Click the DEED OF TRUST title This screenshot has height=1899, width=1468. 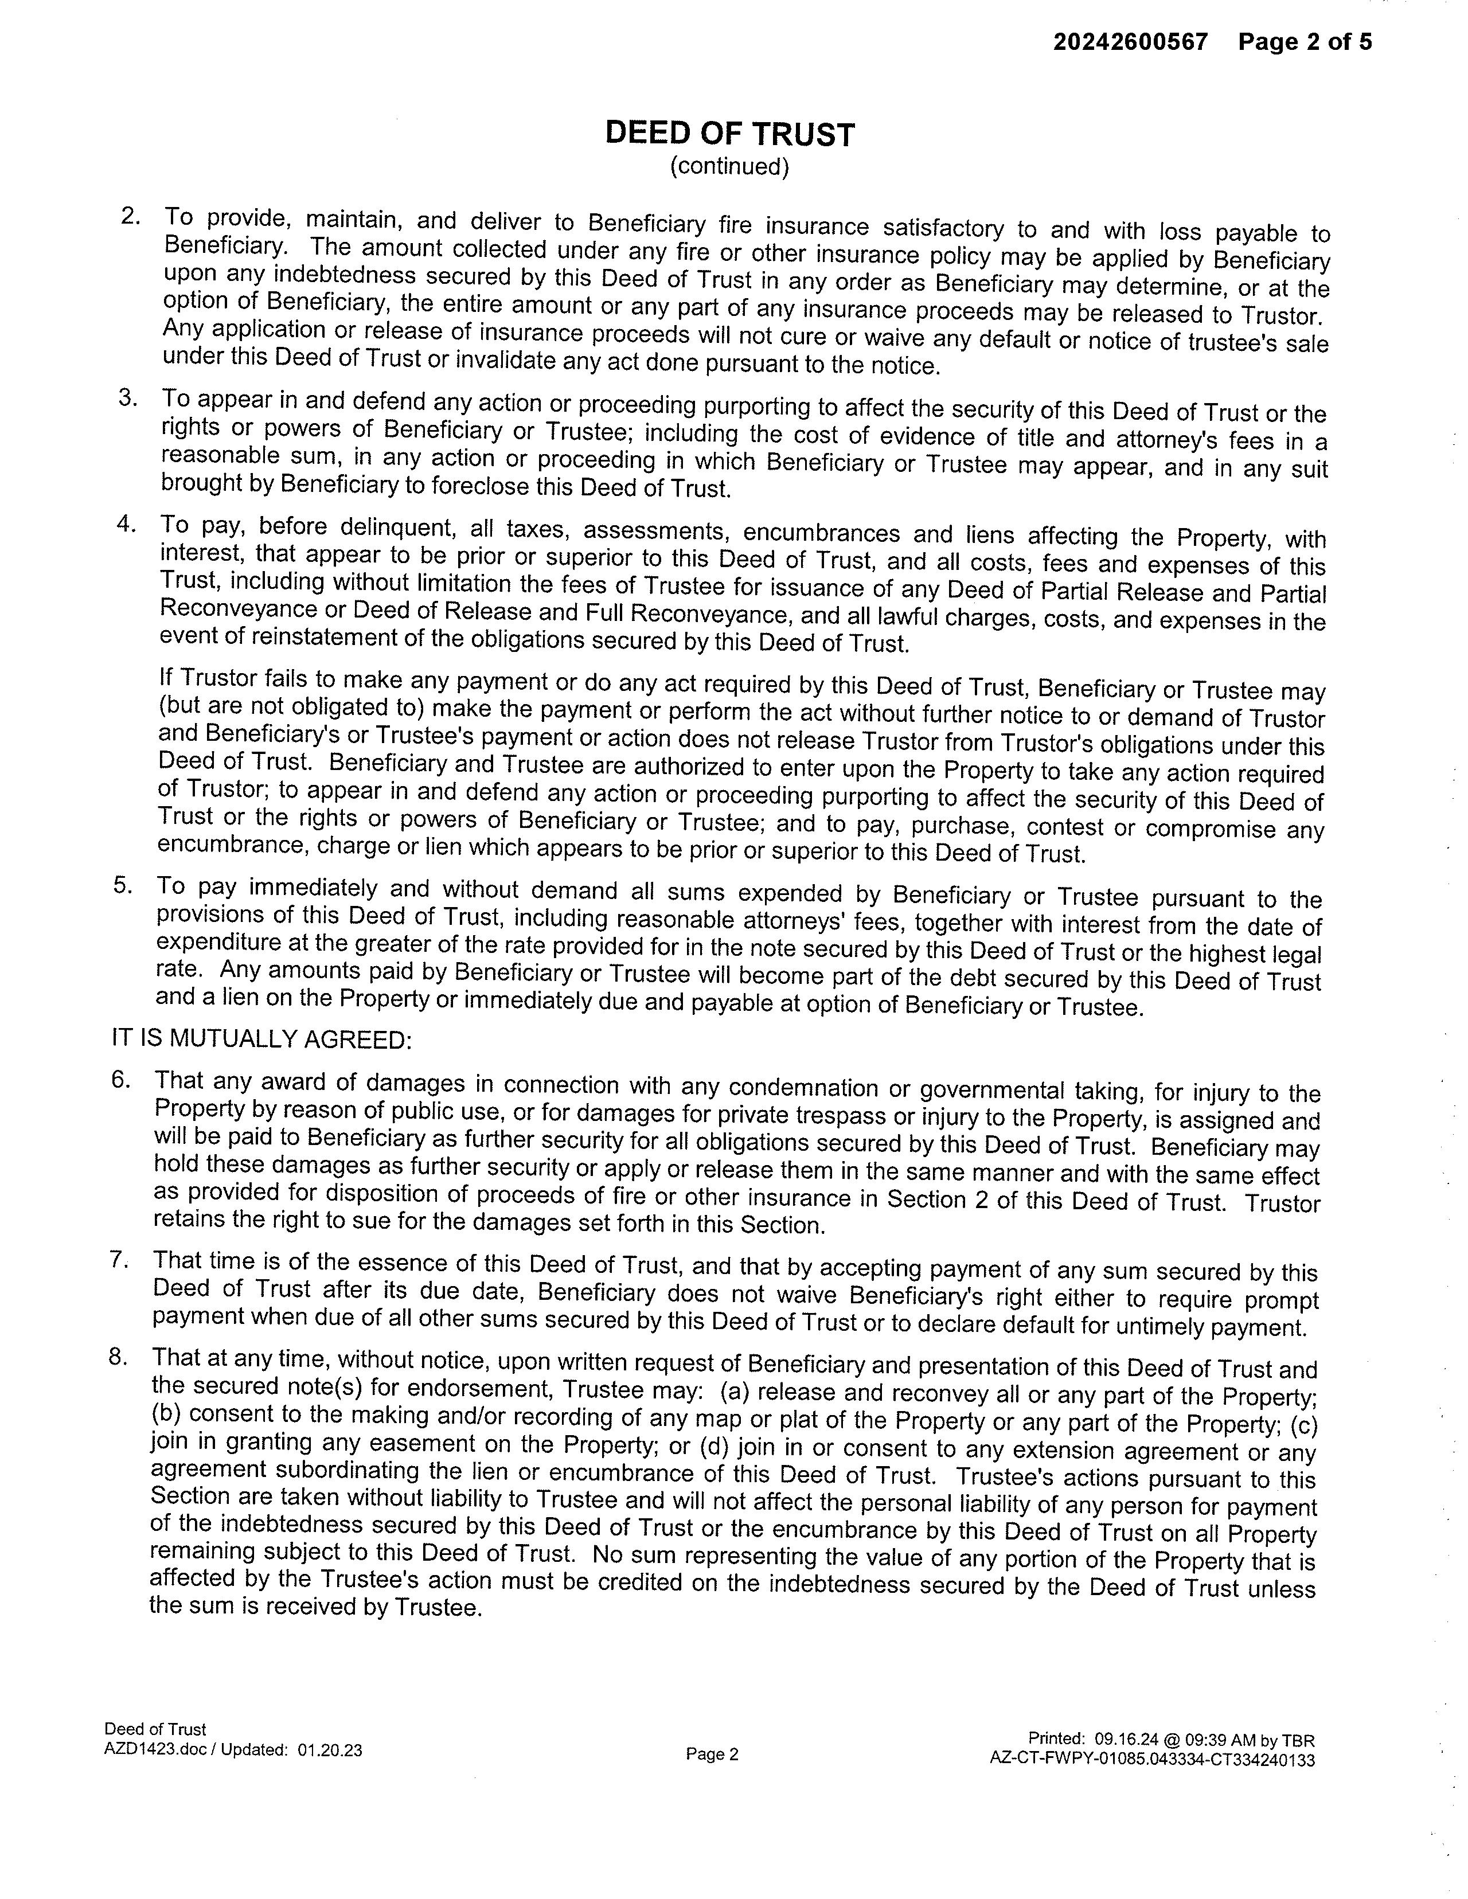pyautogui.click(x=729, y=134)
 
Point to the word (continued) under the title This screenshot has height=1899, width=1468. pyautogui.click(x=729, y=166)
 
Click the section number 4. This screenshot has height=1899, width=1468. pyautogui.click(x=126, y=524)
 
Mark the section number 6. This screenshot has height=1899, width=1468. pyautogui.click(x=121, y=1079)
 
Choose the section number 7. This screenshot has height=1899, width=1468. pyautogui.click(x=119, y=1259)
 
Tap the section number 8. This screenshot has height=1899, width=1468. pyautogui.click(x=118, y=1357)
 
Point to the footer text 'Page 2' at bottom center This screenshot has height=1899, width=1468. pyautogui.click(x=712, y=1755)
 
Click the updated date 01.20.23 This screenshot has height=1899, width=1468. pyautogui.click(x=330, y=1750)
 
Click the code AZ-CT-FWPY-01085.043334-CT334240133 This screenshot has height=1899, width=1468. pyautogui.click(x=1151, y=1760)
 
